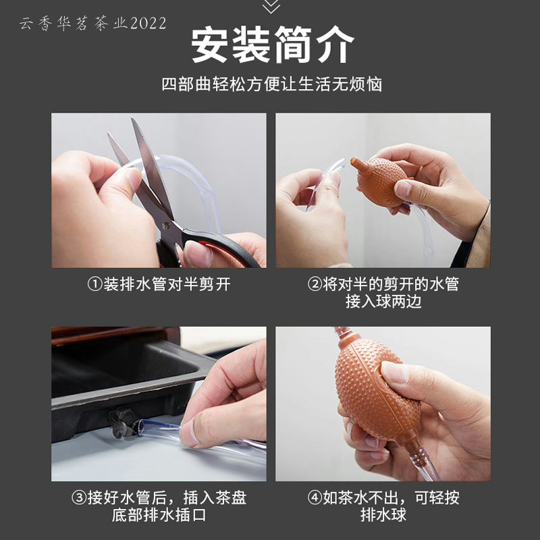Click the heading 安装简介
(272, 45)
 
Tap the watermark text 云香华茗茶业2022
(93, 24)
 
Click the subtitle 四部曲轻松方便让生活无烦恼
(272, 84)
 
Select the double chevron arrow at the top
(271, 7)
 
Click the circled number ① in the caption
(94, 285)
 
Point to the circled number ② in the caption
(314, 285)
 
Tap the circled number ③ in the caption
(79, 498)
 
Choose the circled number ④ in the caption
(314, 498)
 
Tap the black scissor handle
(221, 244)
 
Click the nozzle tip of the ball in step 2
(353, 161)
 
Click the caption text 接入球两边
(383, 302)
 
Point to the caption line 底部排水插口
(159, 515)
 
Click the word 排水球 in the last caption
(383, 515)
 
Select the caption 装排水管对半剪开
(167, 285)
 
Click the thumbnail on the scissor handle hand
(197, 253)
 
